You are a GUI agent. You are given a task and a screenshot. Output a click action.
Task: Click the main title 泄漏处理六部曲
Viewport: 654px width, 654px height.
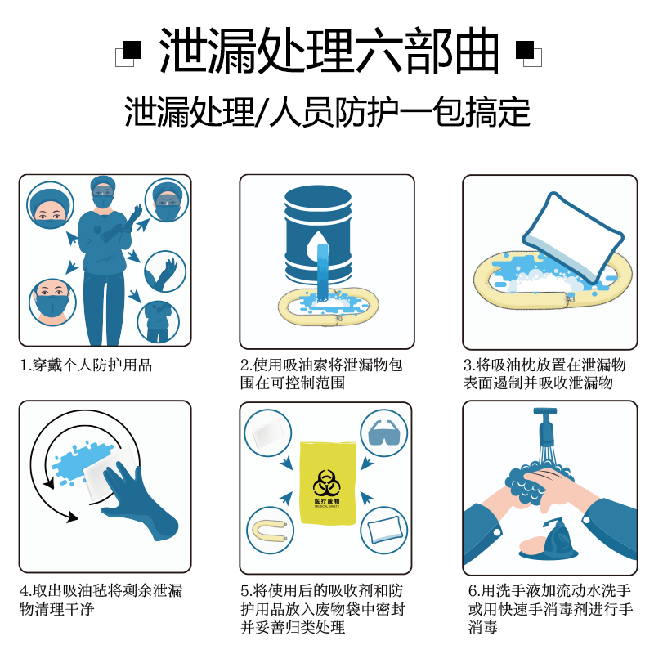pyautogui.click(x=328, y=51)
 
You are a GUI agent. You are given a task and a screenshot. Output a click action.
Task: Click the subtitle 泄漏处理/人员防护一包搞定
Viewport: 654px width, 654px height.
pyautogui.click(x=327, y=112)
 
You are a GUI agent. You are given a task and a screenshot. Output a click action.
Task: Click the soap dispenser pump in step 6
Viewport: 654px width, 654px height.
pyautogui.click(x=559, y=536)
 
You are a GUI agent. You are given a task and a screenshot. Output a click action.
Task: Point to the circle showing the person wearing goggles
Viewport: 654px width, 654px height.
pyautogui.click(x=167, y=201)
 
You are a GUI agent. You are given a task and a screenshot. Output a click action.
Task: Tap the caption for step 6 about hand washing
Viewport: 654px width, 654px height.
pyautogui.click(x=550, y=609)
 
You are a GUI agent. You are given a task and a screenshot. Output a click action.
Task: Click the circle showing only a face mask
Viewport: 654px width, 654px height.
pyautogui.click(x=51, y=300)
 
